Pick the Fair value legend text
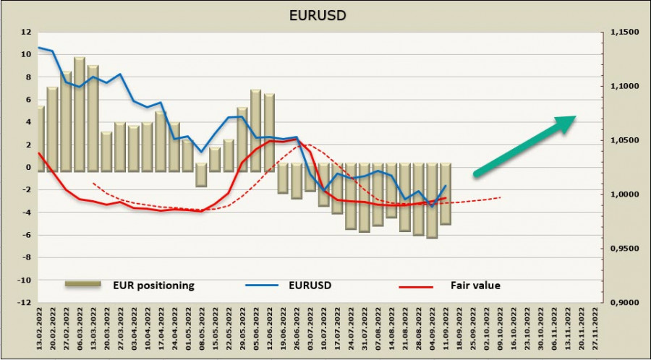pos(475,286)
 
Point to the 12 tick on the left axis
pos(27,32)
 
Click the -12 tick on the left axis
pos(25,303)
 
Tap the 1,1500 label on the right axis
pos(624,33)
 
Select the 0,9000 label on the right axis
pos(624,303)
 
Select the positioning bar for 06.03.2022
pos(80,113)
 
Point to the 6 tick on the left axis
pos(27,100)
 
